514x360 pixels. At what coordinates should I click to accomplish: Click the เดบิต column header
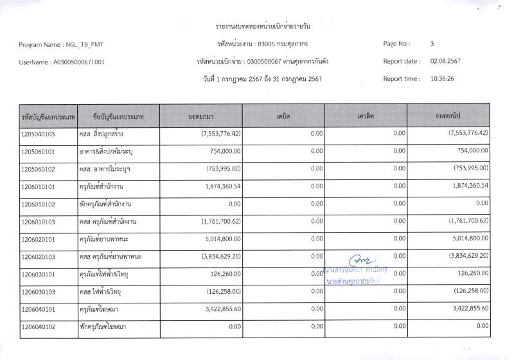point(283,116)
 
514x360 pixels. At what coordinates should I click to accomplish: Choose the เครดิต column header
point(366,116)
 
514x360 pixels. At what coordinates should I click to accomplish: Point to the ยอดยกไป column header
point(450,116)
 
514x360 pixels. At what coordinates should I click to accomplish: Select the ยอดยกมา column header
point(201,116)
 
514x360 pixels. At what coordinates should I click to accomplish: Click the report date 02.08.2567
point(445,62)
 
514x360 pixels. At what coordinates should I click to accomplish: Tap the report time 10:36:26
point(442,79)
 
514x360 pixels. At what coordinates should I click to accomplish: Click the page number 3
point(432,44)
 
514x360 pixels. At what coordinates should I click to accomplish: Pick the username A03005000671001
point(80,62)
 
